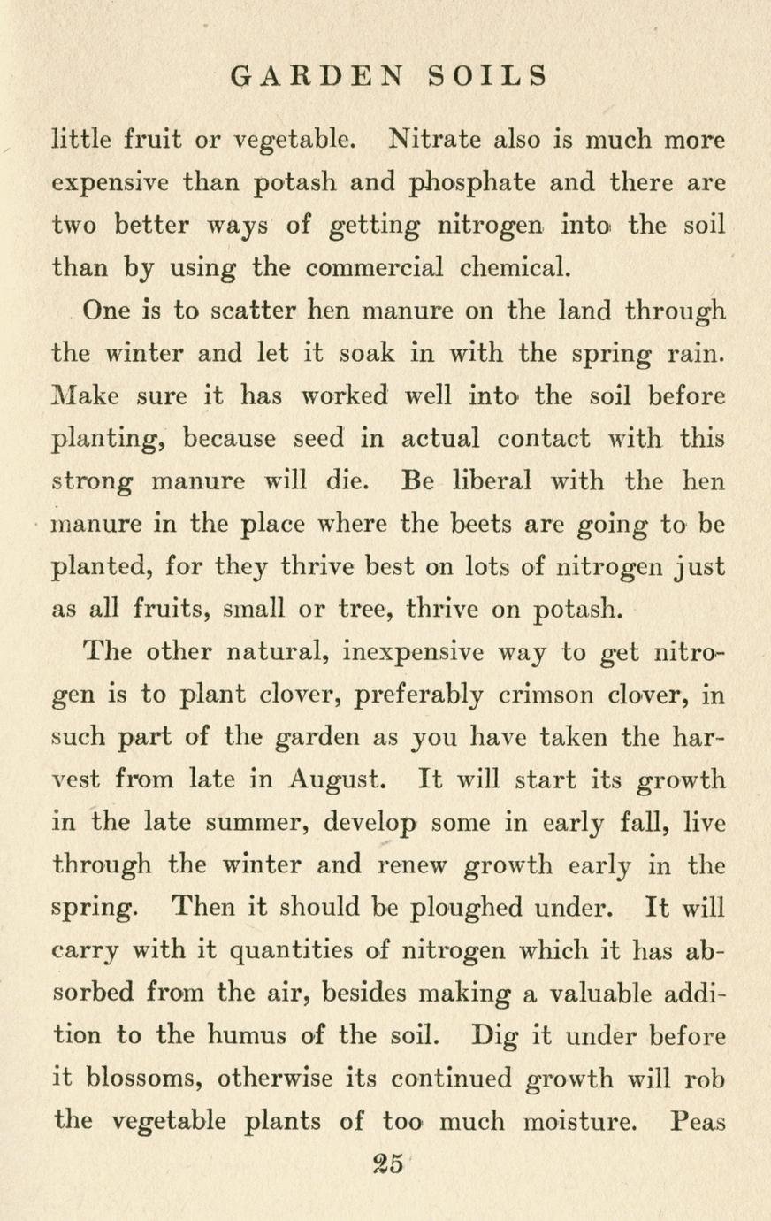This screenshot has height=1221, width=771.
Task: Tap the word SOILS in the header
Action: [x=487, y=76]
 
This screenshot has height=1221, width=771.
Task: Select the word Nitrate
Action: [x=434, y=140]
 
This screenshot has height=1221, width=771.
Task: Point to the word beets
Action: [x=482, y=525]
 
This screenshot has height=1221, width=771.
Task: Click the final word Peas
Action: [x=698, y=1122]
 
